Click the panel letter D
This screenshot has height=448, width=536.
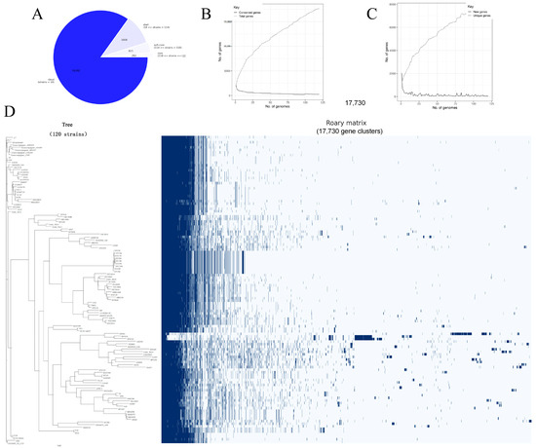(x=10, y=112)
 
